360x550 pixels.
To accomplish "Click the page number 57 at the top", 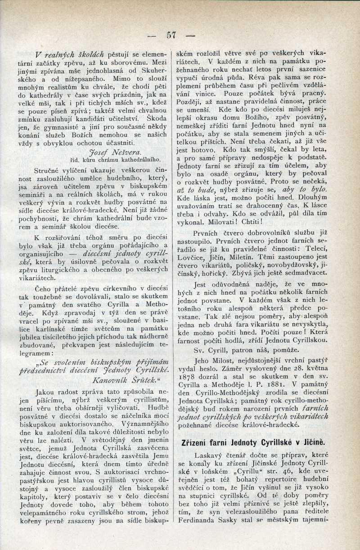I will (170, 35).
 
